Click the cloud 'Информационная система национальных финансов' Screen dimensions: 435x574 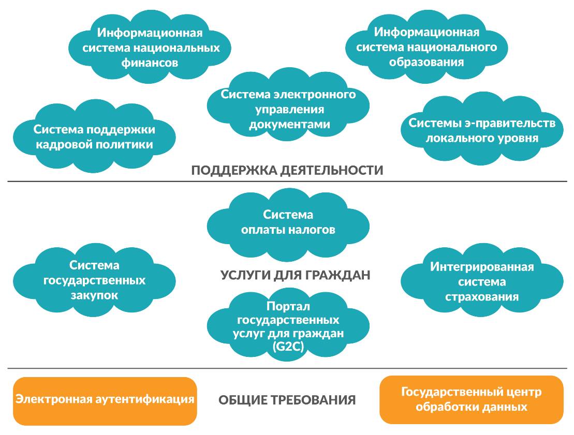pyautogui.click(x=150, y=48)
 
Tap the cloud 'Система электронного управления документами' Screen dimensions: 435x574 pyautogui.click(x=288, y=109)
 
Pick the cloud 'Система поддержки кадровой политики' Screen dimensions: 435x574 pyautogui.click(x=94, y=137)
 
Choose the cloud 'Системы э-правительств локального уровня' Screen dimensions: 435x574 pyautogui.click(x=482, y=130)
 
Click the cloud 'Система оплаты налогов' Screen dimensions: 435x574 pyautogui.click(x=288, y=222)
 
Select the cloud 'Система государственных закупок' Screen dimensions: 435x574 pyautogui.click(x=94, y=280)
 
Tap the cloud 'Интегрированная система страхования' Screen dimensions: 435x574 pyautogui.click(x=482, y=282)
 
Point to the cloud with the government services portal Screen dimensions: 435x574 pyautogui.click(x=288, y=326)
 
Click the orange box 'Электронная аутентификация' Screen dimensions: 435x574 pyautogui.click(x=105, y=400)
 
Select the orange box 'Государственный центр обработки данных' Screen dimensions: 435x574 pyautogui.click(x=471, y=399)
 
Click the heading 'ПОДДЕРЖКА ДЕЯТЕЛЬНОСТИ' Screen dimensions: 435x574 pyautogui.click(x=287, y=170)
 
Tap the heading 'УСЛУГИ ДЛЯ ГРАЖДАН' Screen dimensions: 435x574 pyautogui.click(x=296, y=275)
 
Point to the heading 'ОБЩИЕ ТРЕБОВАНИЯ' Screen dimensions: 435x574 pyautogui.click(x=287, y=400)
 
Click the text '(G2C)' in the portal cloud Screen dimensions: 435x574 pyautogui.click(x=288, y=347)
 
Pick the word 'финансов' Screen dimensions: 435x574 pyautogui.click(x=151, y=63)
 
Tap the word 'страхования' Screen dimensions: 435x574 pyautogui.click(x=482, y=297)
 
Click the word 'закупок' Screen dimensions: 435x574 pyautogui.click(x=94, y=295)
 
